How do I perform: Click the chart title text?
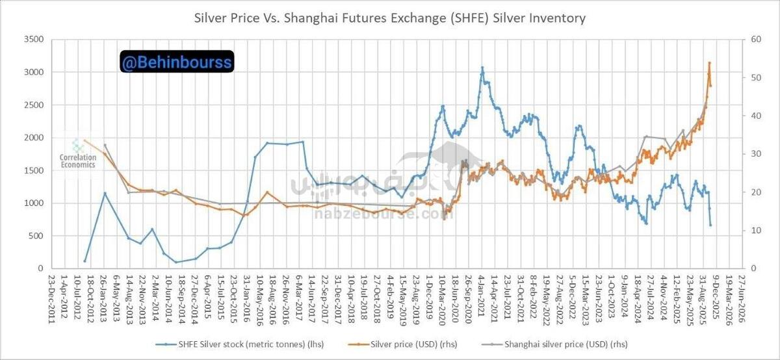[390, 18]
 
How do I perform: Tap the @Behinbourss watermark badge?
[176, 62]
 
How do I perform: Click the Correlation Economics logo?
[77, 155]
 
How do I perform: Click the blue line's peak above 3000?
[482, 68]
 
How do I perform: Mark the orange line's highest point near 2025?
[709, 63]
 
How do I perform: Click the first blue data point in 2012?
[85, 261]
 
